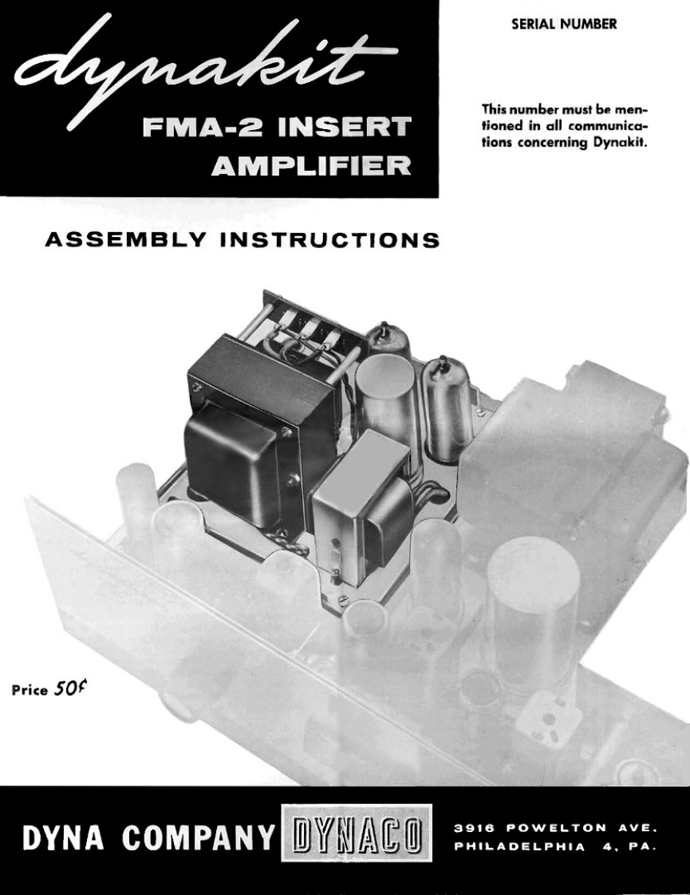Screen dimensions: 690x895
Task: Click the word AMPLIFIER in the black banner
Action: coord(311,166)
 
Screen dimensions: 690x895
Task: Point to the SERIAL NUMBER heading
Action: coord(564,23)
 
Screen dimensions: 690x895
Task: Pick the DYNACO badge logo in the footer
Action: coord(357,840)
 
